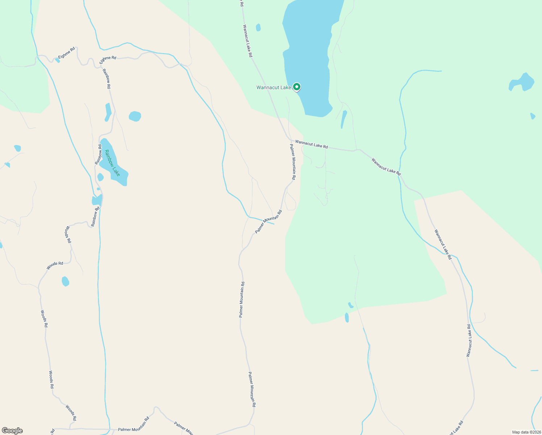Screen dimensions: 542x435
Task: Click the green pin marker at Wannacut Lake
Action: click(x=297, y=87)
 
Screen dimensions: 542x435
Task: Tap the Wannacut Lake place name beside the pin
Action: click(x=274, y=87)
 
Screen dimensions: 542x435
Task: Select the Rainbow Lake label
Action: click(x=112, y=163)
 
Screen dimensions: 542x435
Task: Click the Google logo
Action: click(x=12, y=431)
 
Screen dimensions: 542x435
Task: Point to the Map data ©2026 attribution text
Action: click(x=526, y=432)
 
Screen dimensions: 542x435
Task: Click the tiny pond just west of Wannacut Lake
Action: click(x=258, y=28)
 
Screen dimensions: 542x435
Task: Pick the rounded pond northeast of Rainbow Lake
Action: click(x=135, y=116)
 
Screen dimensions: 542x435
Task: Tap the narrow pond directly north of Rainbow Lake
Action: click(x=108, y=112)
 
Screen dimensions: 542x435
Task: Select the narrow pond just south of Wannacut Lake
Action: click(x=343, y=119)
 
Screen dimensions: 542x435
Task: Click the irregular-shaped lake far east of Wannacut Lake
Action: click(x=522, y=83)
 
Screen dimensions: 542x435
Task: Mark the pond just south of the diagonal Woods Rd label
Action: click(x=65, y=281)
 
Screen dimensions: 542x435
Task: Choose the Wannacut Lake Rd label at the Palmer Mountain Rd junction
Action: click(x=311, y=144)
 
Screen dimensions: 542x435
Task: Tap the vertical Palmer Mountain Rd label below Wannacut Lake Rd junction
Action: click(x=293, y=162)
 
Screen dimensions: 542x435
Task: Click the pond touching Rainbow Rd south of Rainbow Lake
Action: click(x=97, y=200)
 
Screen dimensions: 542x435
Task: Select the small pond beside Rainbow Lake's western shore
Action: click(x=100, y=177)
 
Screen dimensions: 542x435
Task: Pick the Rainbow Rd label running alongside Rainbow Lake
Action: click(x=98, y=154)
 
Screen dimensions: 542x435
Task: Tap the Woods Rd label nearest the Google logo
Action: click(x=71, y=413)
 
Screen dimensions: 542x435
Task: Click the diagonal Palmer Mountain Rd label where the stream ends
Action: click(x=268, y=221)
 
